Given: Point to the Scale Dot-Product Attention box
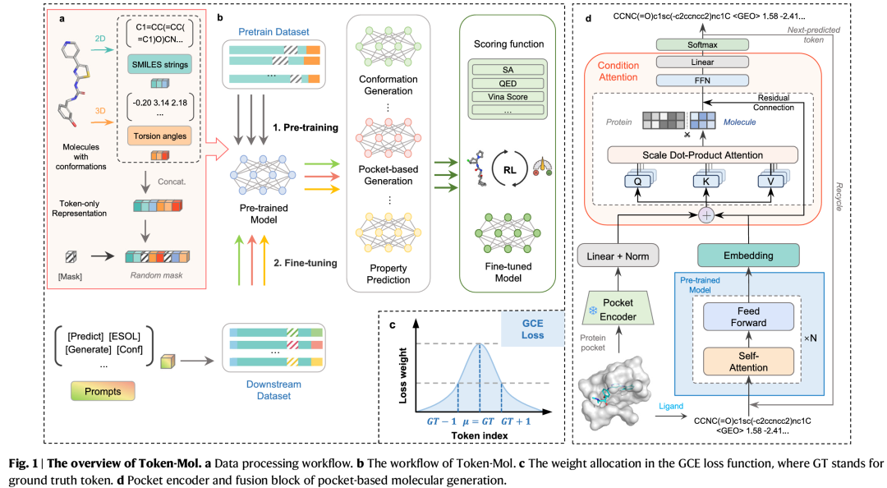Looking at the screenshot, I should click(702, 154).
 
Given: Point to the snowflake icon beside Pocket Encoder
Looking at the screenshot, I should click(591, 311).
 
